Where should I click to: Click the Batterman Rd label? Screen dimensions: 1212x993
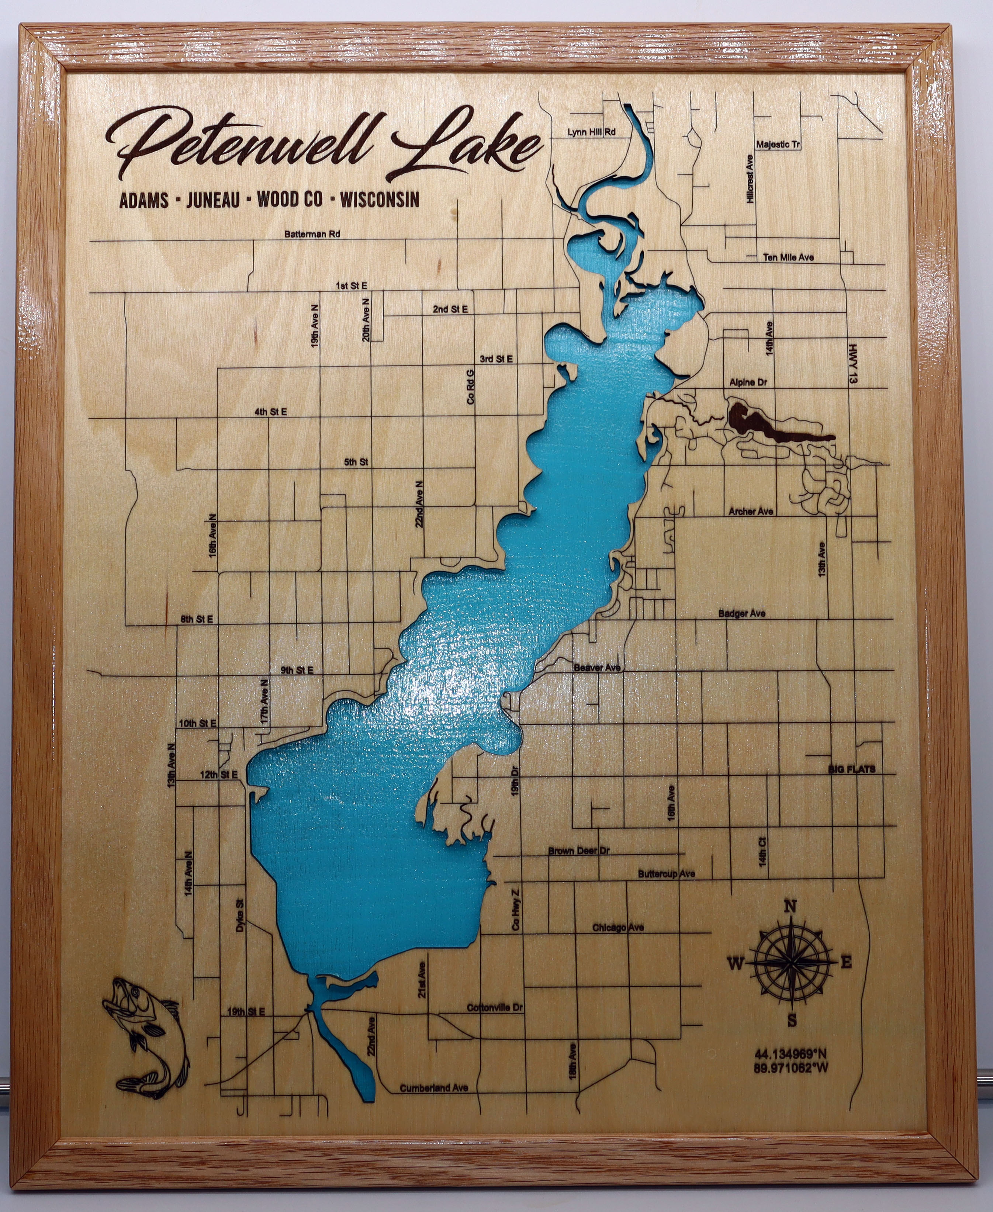point(312,234)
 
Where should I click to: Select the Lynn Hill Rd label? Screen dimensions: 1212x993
point(591,132)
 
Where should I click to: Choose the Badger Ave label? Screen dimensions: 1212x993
point(742,614)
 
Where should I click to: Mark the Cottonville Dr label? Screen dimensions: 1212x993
point(495,1008)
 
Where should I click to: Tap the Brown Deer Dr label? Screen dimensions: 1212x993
point(579,851)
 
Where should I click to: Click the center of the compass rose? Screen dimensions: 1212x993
point(790,964)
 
